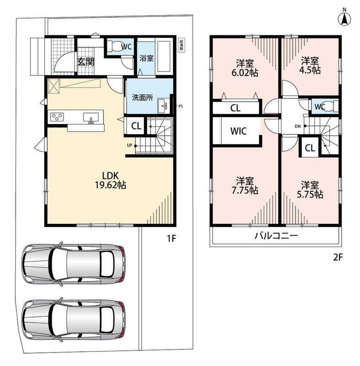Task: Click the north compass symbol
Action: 344,17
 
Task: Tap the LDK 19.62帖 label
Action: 110,180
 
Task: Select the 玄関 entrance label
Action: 86,62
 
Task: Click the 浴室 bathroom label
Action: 146,58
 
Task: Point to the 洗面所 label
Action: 143,97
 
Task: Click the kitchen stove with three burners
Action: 57,117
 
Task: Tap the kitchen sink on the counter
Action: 91,118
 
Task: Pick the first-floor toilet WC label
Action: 126,47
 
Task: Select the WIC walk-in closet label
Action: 238,131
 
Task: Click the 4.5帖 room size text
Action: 310,70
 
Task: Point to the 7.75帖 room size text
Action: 245,190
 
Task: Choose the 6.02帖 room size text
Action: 245,73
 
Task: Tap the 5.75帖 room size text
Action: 310,194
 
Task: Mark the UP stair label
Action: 129,145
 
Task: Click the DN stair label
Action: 297,127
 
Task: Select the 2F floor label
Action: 338,257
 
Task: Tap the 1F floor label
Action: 171,238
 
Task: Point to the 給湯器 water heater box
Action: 181,45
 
